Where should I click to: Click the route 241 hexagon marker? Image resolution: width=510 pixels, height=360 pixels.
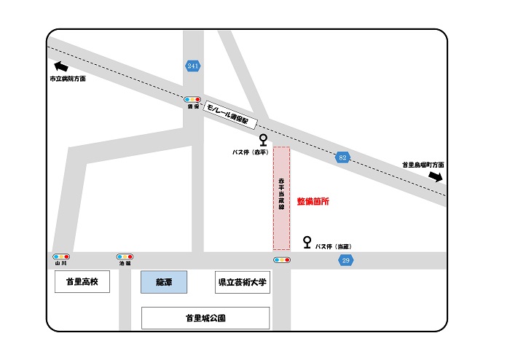pos(192,66)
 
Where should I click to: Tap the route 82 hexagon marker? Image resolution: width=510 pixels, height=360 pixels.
pos(342,157)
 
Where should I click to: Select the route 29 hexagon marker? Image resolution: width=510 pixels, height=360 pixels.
pos(346,260)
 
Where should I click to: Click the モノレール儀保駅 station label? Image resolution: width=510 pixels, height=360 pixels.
pos(232,113)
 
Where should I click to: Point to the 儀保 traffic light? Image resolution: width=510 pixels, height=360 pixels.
pos(192,99)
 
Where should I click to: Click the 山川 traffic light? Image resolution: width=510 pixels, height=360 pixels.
pos(61,257)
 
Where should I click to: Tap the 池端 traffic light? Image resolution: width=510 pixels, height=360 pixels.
pos(125,257)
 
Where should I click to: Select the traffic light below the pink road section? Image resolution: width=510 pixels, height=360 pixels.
pos(281,259)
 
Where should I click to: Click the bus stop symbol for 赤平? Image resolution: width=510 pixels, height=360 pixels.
pos(263,139)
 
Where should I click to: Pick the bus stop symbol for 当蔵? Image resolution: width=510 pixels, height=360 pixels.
pos(307,241)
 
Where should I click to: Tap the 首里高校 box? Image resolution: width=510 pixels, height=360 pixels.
pos(82,282)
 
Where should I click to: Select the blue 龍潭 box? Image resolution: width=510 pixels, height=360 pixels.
pos(163,282)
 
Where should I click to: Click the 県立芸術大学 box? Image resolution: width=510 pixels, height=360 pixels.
pos(243,283)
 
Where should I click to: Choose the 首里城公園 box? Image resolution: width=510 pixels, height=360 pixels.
pos(205,318)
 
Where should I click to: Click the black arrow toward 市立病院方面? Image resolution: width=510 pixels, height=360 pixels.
pos(61,68)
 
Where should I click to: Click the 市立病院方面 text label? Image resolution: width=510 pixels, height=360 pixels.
pos(68,79)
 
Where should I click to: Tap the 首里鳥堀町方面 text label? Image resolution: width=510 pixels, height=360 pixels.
pos(423,165)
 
